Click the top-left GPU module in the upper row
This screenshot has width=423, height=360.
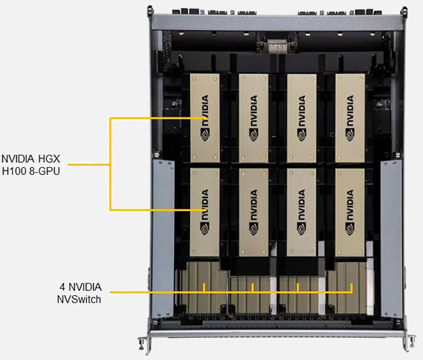point(205,118)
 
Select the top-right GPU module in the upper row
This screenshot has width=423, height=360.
point(350,118)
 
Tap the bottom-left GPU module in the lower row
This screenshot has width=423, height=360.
point(205,212)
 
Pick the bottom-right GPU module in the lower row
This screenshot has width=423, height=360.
point(350,212)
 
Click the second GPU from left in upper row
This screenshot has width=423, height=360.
point(253,118)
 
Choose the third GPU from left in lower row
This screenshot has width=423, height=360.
point(301,212)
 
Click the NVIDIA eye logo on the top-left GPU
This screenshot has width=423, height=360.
point(205,134)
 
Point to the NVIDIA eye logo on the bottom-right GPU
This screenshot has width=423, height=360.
point(350,228)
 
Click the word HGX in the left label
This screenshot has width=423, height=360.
point(49,159)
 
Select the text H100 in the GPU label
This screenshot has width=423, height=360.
point(14,171)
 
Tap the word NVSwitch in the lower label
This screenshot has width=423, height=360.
point(79,300)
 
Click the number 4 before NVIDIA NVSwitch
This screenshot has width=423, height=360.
point(63,287)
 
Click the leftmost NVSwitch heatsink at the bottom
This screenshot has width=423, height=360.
point(201,287)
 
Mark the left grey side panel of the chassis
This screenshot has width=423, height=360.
point(163,238)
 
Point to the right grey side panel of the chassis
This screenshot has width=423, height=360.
point(391,238)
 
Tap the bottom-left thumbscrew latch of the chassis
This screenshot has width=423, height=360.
point(144,343)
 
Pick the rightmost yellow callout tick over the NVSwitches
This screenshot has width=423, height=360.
point(352,288)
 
